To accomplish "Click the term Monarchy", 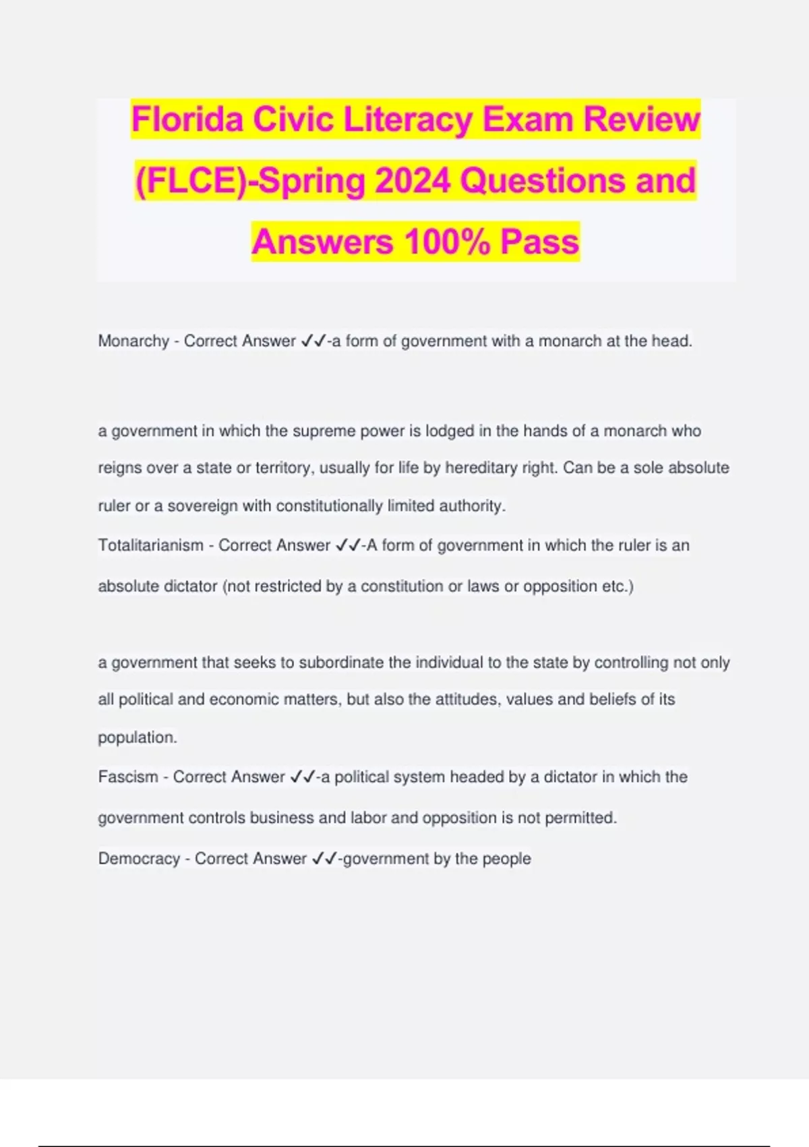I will click(133, 341).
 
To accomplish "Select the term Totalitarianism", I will click(150, 545).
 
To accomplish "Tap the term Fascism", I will click(127, 777).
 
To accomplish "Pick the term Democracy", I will click(139, 859).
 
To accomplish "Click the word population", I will click(137, 737).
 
